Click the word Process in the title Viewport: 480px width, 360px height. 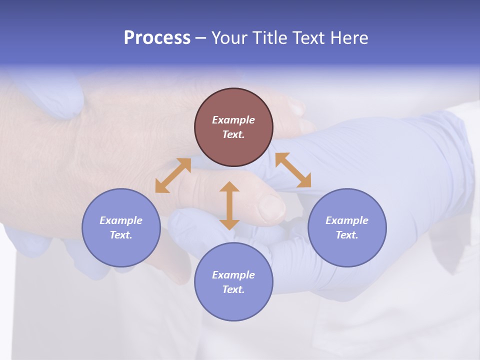click(157, 38)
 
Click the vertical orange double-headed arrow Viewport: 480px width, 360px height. click(229, 205)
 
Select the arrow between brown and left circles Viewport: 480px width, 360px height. click(173, 175)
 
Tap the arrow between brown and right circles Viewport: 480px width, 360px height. click(293, 170)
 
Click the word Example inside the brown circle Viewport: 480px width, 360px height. click(233, 120)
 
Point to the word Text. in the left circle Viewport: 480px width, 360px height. click(121, 235)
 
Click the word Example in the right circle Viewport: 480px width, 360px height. click(347, 220)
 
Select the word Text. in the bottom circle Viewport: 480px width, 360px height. click(233, 289)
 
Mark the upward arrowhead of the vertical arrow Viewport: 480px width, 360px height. click(229, 187)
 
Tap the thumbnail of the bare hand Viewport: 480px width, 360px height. click(271, 208)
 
